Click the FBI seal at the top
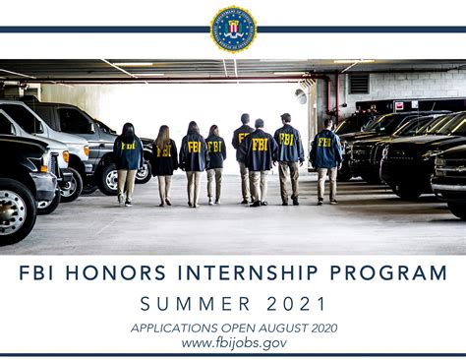(x=233, y=28)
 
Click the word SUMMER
(x=192, y=303)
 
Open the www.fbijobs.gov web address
(x=233, y=342)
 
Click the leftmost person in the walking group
(x=127, y=162)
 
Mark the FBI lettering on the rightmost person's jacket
(x=324, y=143)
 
